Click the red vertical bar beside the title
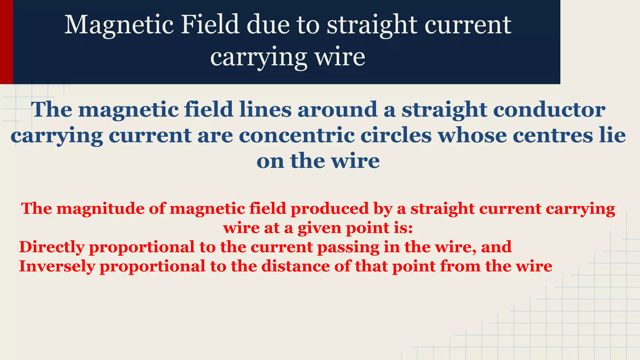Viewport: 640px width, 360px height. coord(6,42)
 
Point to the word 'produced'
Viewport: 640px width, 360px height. coord(330,209)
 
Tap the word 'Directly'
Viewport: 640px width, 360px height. coord(52,247)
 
